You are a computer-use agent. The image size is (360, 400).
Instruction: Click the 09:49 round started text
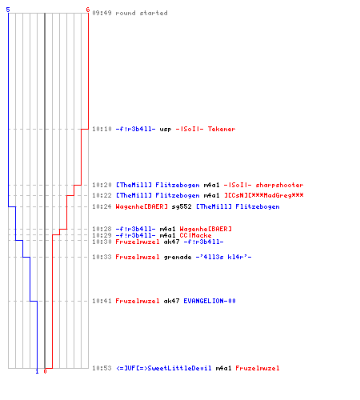click(130, 13)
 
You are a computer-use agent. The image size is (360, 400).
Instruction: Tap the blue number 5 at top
click(8, 10)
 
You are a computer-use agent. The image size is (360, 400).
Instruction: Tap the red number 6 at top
click(88, 10)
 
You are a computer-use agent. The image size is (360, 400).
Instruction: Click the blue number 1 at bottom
click(37, 371)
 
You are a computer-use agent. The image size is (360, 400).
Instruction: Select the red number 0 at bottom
click(45, 371)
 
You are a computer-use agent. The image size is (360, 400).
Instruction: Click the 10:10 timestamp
click(102, 129)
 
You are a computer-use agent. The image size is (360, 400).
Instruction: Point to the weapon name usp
click(166, 130)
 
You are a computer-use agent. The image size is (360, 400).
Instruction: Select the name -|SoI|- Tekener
click(206, 129)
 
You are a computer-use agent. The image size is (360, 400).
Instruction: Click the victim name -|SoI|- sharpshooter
click(263, 185)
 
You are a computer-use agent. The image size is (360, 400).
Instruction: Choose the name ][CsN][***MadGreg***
click(264, 195)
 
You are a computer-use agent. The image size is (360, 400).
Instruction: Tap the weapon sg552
click(182, 206)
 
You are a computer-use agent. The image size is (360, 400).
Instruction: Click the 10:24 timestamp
click(102, 206)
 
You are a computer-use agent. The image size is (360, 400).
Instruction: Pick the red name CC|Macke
click(195, 235)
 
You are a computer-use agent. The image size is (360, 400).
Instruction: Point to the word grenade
click(178, 257)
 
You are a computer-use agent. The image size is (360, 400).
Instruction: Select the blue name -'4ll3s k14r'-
click(223, 257)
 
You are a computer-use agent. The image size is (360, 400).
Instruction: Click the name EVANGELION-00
click(210, 301)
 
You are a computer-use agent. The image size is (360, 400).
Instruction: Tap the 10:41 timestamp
click(102, 301)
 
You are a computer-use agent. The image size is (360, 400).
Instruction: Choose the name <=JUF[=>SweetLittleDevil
click(164, 368)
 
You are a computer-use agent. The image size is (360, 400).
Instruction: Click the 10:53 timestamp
click(102, 368)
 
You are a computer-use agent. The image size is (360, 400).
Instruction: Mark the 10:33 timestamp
click(102, 257)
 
